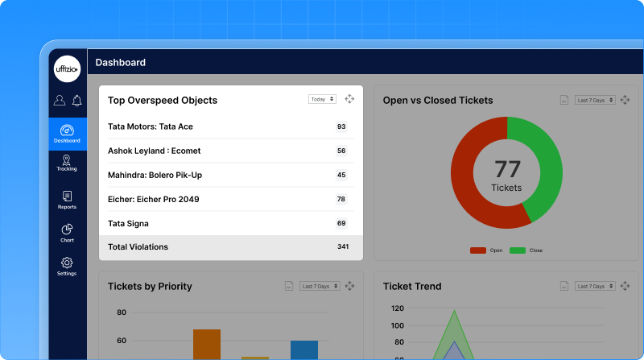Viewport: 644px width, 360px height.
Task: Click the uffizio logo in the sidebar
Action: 67,69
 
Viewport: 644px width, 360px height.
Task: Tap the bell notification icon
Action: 77,101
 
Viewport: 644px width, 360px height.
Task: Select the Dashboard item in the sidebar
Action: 68,134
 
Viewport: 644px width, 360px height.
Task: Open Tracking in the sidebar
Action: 67,163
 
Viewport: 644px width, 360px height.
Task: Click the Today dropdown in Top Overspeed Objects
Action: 321,99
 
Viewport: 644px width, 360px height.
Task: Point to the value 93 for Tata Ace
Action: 341,126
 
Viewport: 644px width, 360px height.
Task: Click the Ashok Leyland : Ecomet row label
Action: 155,151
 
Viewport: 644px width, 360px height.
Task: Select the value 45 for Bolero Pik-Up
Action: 341,175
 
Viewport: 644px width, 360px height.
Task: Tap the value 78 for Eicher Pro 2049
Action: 341,199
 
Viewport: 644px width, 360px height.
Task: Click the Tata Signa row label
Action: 128,223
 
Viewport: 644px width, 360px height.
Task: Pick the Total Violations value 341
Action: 343,247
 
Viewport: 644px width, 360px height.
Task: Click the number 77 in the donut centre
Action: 507,168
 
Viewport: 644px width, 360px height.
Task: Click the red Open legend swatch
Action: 478,250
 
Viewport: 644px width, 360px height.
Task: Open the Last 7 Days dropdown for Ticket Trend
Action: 595,286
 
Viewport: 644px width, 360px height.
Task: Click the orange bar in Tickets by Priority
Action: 207,344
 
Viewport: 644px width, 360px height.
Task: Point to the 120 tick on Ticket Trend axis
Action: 397,308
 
